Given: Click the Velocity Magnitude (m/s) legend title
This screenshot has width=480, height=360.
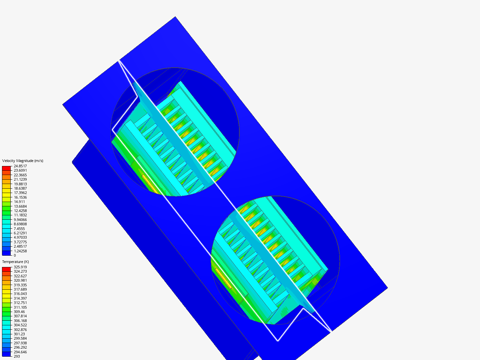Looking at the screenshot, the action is (23, 161).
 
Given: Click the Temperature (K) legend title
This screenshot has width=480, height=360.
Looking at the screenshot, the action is (16, 262).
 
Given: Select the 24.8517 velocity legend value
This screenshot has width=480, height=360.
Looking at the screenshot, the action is (20, 166).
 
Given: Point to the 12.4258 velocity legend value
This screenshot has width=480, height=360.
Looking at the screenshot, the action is (20, 211).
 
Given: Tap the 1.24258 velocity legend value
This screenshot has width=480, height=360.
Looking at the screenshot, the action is (20, 251).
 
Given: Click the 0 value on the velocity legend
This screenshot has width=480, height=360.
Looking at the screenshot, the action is (15, 255).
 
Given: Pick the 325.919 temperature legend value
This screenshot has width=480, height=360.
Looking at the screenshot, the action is (20, 267).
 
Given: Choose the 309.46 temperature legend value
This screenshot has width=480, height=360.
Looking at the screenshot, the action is (19, 312).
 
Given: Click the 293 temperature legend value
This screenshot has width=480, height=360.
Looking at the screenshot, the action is (17, 356).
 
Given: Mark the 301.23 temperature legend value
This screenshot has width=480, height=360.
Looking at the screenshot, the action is (19, 334).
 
